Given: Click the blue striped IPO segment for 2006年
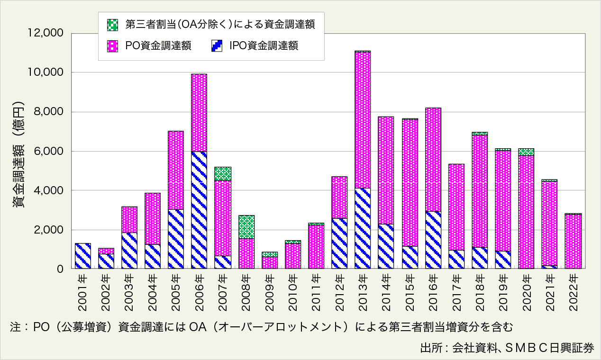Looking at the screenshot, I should tap(199, 210).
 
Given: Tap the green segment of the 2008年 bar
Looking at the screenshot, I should tap(246, 227).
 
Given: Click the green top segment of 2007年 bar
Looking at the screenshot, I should tap(223, 174).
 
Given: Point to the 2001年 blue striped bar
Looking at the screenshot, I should tap(83, 256).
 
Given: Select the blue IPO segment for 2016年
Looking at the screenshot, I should tap(433, 240).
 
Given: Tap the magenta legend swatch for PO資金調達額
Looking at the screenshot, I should tap(112, 45).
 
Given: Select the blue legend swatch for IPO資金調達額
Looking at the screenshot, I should tap(217, 45).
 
